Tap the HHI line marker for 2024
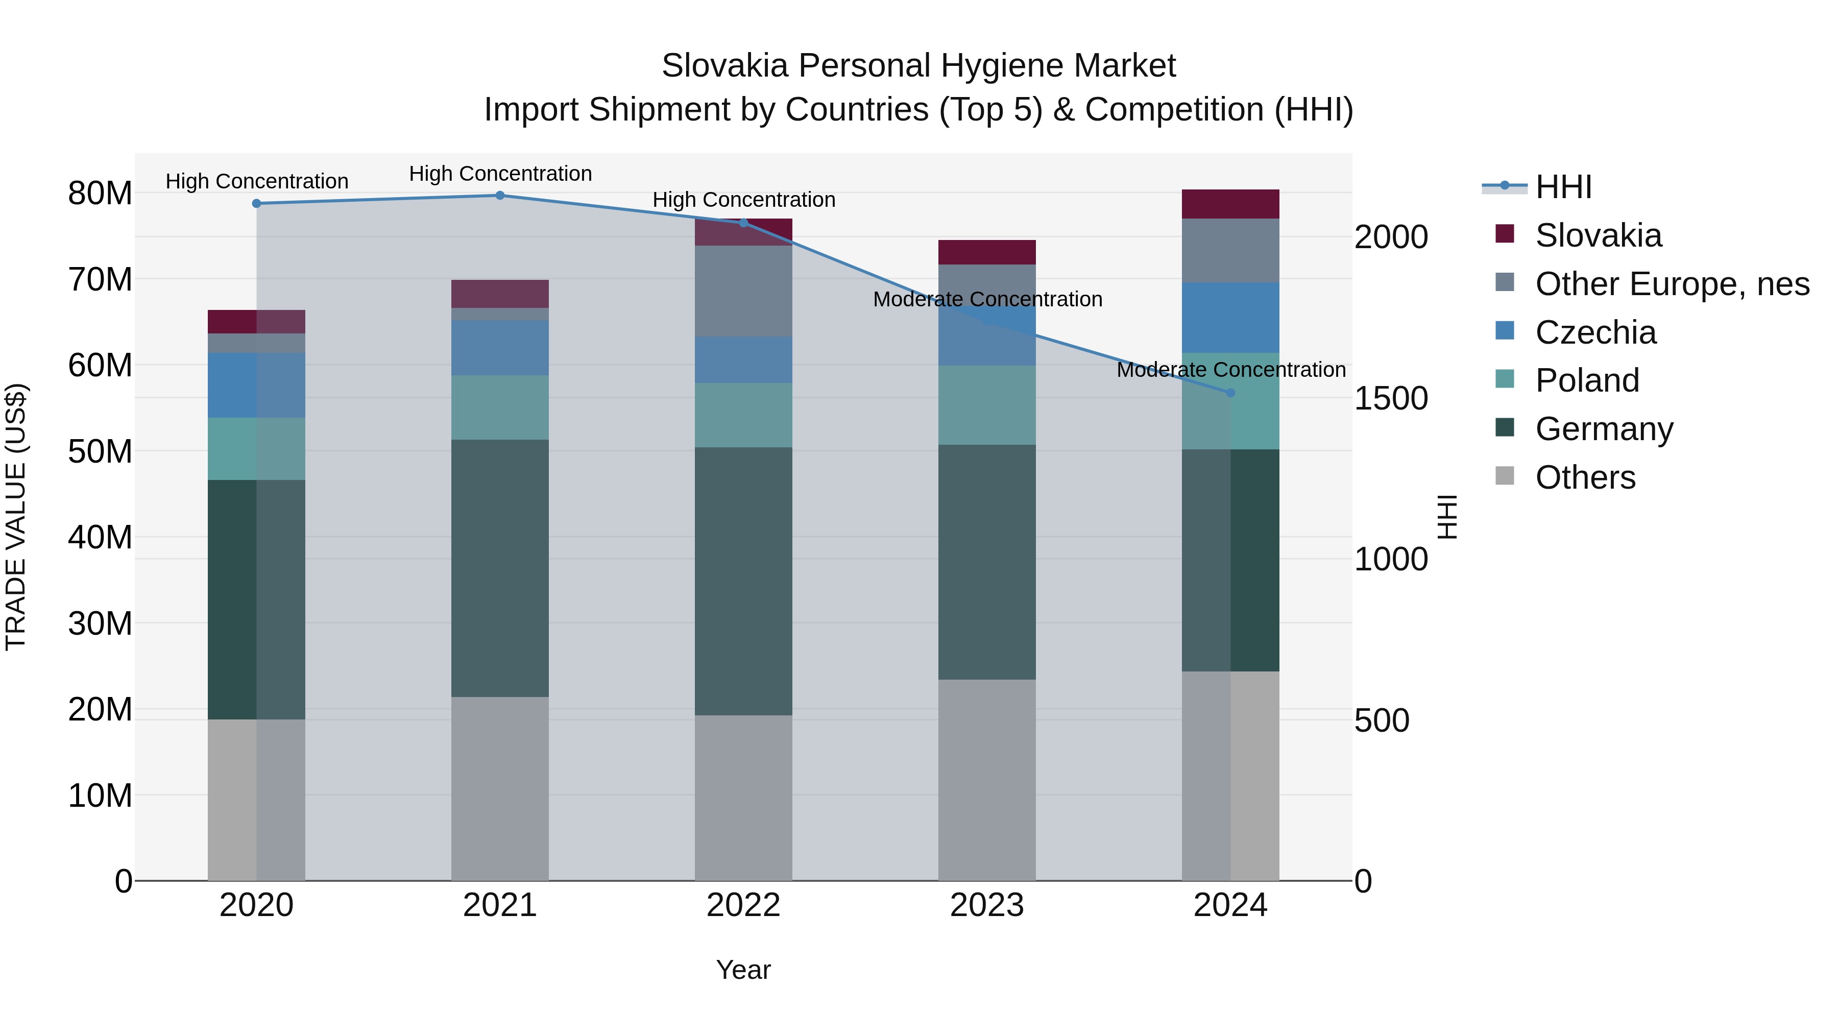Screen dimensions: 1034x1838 [x=1230, y=393]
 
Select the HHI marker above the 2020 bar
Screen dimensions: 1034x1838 [x=257, y=203]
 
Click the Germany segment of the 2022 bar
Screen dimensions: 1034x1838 [x=743, y=582]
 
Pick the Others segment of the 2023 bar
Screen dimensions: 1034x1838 [x=987, y=779]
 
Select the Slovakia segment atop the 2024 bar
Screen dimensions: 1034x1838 [x=1230, y=204]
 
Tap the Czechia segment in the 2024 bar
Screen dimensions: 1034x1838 [x=1230, y=318]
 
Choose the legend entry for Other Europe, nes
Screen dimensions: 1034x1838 [x=1672, y=284]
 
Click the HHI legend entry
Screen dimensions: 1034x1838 [x=1563, y=187]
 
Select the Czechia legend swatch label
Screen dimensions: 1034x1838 [x=1595, y=332]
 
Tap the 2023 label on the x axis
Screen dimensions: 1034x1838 [x=987, y=905]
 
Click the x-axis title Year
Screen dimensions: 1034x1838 [x=743, y=970]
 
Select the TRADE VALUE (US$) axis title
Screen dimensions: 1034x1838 [x=16, y=517]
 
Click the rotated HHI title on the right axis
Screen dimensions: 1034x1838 [x=1447, y=517]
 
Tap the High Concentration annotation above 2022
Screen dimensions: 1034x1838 [x=743, y=200]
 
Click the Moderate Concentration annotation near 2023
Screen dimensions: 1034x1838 [x=987, y=299]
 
